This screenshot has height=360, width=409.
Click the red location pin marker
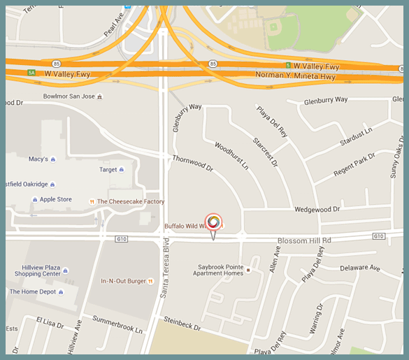(214, 222)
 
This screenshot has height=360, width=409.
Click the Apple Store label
(55, 199)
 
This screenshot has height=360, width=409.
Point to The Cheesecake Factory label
(130, 202)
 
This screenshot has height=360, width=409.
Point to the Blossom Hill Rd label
(303, 240)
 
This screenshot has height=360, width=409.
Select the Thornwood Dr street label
(192, 164)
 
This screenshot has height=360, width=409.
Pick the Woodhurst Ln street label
(231, 157)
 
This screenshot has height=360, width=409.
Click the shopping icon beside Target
(122, 169)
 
